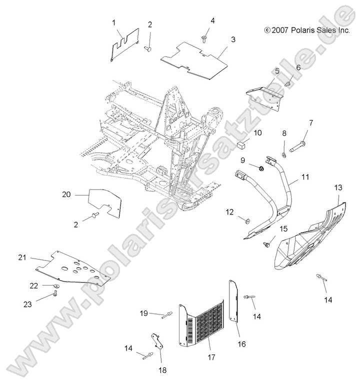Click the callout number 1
[113, 22]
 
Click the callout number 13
[338, 187]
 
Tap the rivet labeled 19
[167, 314]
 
